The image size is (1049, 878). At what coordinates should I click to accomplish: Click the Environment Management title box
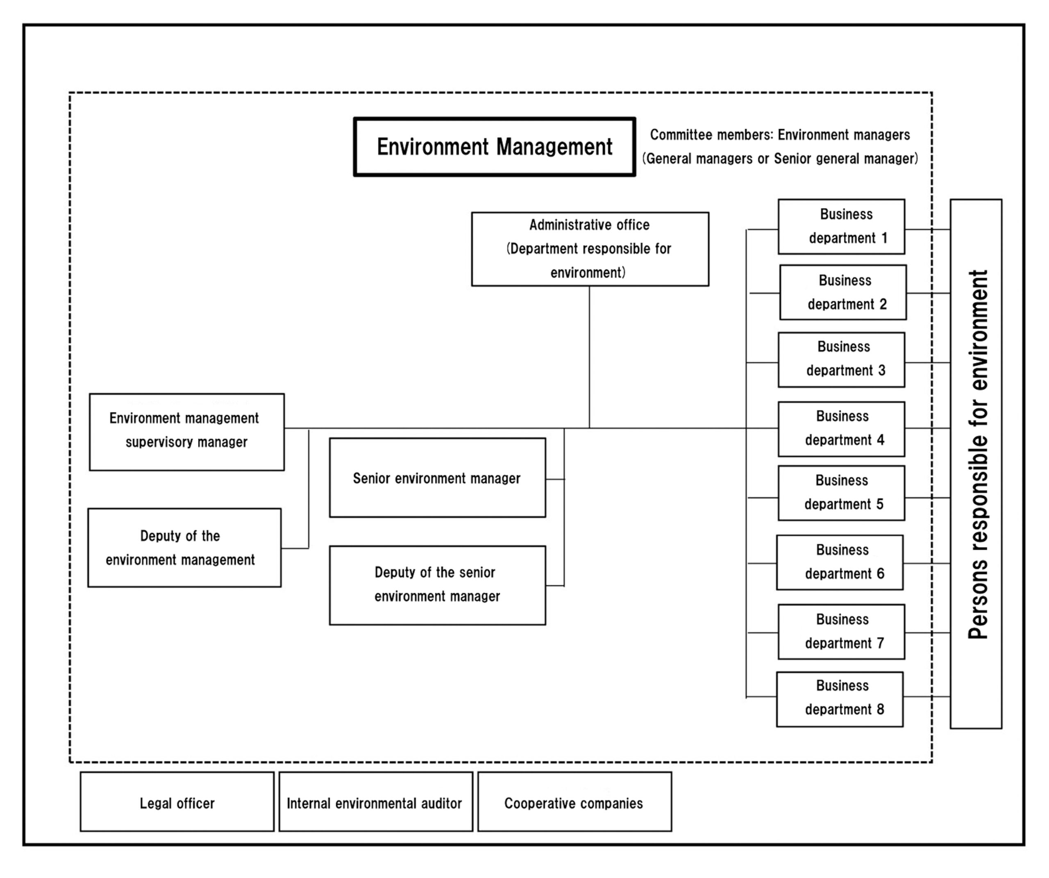(495, 147)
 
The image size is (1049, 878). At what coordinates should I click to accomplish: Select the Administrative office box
(590, 249)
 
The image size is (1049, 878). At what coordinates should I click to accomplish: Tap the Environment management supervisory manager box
(187, 432)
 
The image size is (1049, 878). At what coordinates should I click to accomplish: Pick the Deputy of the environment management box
(184, 548)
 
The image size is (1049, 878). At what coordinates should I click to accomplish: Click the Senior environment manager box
(438, 478)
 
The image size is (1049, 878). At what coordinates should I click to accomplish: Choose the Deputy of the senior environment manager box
(438, 585)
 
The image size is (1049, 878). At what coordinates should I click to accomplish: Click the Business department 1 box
(841, 226)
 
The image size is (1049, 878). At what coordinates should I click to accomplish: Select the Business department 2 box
(843, 292)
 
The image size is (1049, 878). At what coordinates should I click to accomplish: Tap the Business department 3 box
(841, 360)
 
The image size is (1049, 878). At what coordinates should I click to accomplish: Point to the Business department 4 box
(841, 429)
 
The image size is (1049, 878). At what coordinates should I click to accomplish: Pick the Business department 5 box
(841, 493)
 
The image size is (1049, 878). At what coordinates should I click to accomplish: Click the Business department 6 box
(840, 562)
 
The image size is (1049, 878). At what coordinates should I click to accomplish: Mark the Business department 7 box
(841, 632)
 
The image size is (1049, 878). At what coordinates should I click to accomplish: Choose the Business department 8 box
(840, 699)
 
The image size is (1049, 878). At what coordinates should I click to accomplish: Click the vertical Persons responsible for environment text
(978, 455)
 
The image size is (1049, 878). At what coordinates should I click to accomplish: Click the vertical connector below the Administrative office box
(589, 357)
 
